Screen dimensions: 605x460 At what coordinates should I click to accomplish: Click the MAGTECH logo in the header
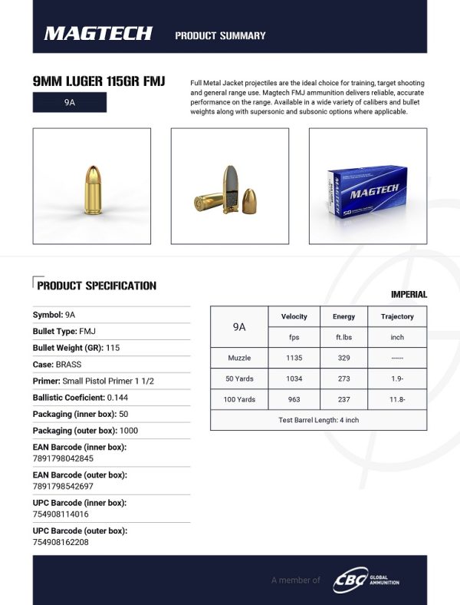[98, 34]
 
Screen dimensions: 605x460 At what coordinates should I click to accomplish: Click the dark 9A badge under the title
[70, 102]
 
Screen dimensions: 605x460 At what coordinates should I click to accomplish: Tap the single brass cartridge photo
[92, 187]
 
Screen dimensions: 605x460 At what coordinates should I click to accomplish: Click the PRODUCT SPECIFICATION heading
[97, 286]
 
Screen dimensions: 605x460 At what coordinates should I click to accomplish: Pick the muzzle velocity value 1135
[294, 358]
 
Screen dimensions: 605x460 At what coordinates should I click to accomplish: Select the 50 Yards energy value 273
[343, 379]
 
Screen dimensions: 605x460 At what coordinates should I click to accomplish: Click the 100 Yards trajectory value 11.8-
[397, 400]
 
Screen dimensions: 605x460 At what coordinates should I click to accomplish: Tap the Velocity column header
[294, 316]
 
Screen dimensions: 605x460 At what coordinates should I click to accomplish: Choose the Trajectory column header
[397, 316]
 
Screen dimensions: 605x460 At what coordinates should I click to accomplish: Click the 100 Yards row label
[239, 400]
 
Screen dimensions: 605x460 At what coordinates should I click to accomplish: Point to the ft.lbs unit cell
[343, 337]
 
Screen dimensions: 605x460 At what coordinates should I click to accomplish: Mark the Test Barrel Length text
[318, 420]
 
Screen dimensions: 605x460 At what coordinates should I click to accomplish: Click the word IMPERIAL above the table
[409, 295]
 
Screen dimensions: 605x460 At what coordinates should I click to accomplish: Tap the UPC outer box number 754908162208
[61, 542]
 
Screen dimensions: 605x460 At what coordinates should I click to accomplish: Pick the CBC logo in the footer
[349, 580]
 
